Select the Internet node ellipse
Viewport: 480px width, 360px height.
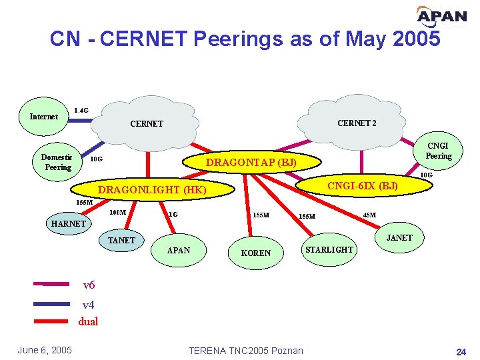click(x=44, y=117)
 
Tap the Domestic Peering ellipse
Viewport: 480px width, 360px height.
click(x=57, y=162)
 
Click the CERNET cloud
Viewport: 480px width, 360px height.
click(x=147, y=124)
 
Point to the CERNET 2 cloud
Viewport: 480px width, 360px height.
click(x=357, y=123)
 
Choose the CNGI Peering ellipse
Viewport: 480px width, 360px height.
click(x=438, y=151)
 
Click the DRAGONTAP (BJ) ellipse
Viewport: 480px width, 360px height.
click(x=251, y=162)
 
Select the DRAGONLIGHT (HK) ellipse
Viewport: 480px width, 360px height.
click(x=152, y=190)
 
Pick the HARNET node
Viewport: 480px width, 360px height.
click(x=69, y=224)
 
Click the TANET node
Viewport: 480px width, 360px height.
click(x=121, y=240)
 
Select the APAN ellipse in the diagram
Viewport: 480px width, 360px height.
click(x=178, y=251)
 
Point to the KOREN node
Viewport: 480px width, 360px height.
click(x=256, y=253)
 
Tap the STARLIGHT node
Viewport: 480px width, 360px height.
click(x=329, y=249)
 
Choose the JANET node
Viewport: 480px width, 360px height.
click(x=399, y=237)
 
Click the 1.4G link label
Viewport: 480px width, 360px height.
click(x=81, y=110)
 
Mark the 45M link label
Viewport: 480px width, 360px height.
click(x=369, y=215)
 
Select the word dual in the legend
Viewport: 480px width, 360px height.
click(x=88, y=321)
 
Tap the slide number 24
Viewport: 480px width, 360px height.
click(x=460, y=351)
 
